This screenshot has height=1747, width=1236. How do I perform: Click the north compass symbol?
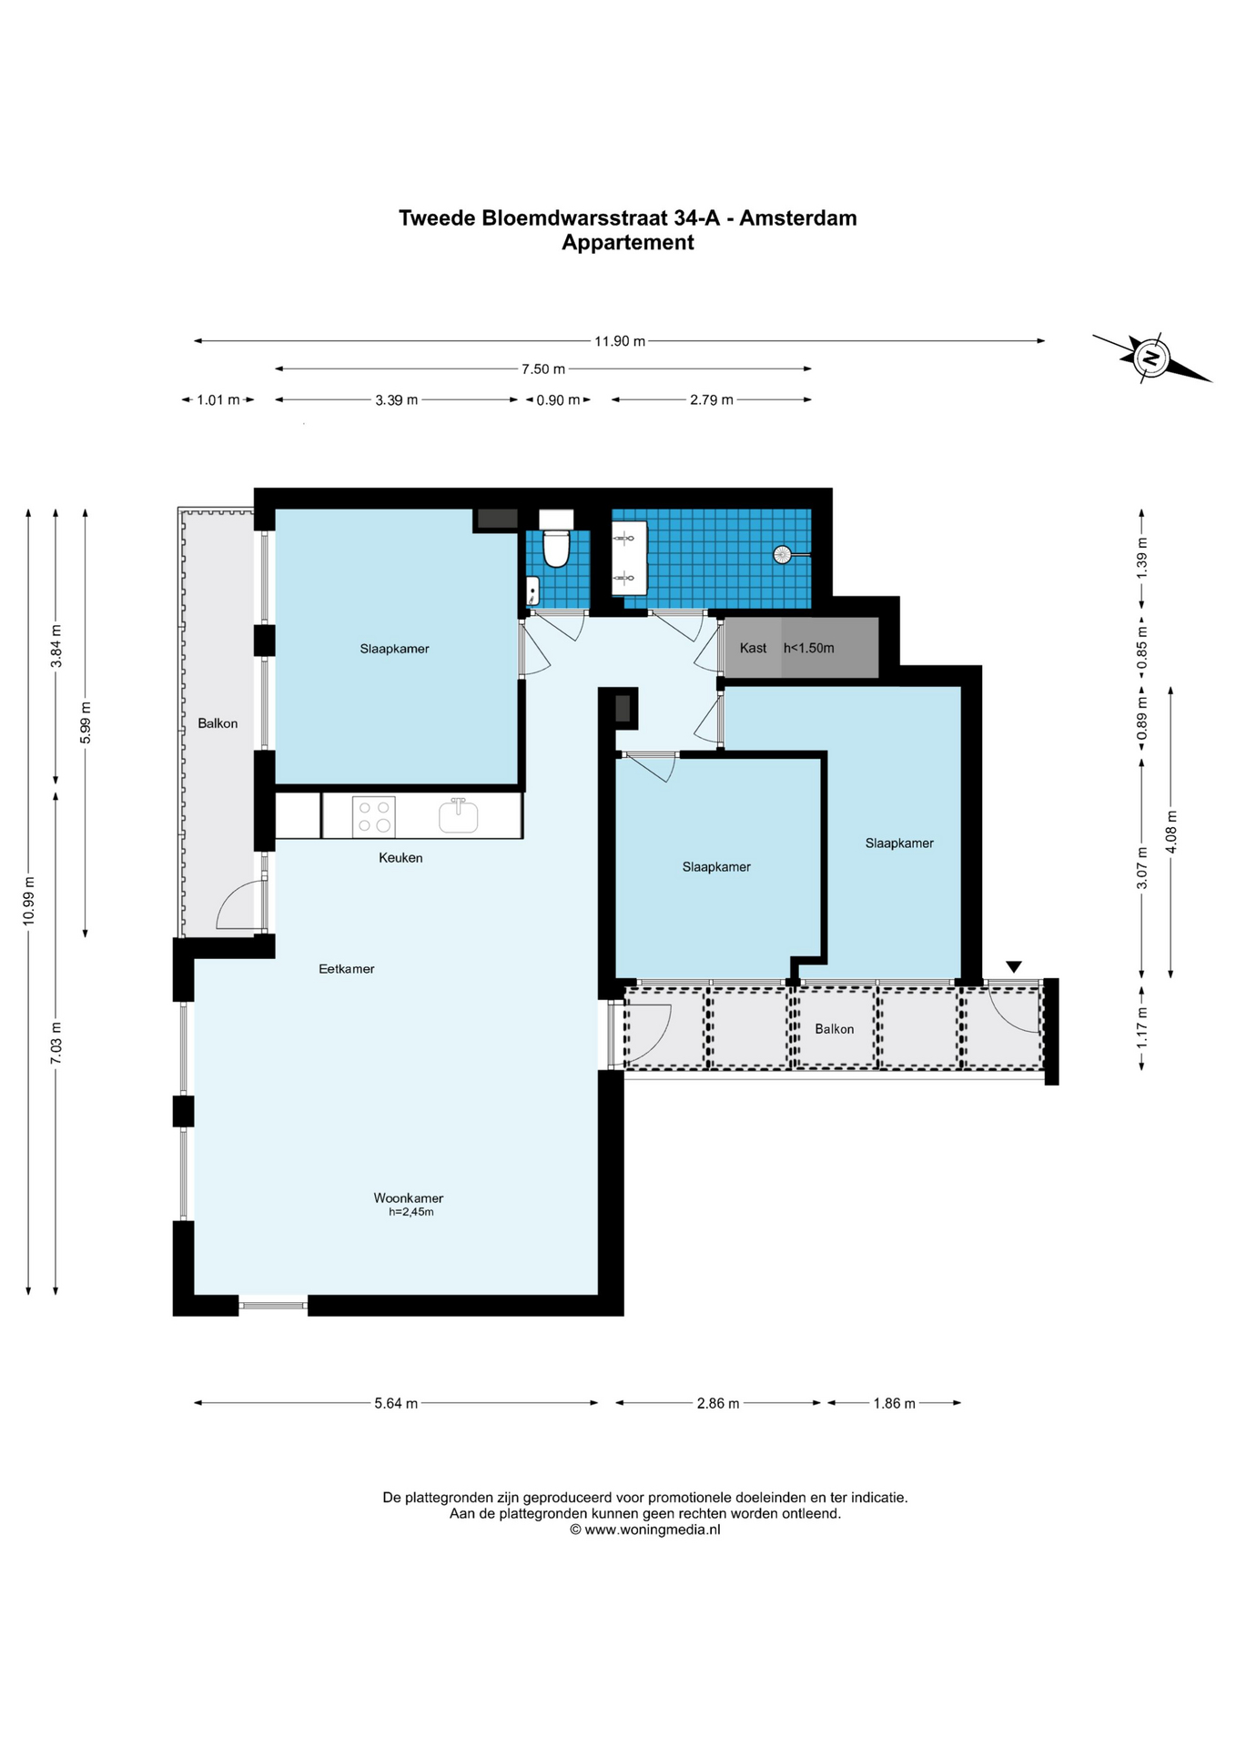[1151, 357]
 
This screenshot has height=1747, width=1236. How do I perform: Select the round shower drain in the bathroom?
[782, 554]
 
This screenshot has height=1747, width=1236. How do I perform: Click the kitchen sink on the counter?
[459, 815]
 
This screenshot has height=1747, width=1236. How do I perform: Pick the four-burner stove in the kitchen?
[374, 816]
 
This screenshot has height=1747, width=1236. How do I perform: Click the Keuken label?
[400, 858]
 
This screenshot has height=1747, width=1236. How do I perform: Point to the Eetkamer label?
[347, 969]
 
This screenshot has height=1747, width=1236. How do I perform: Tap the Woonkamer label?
[409, 1198]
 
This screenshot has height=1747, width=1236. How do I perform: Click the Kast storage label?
[753, 648]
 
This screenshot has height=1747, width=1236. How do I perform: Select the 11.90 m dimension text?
[620, 341]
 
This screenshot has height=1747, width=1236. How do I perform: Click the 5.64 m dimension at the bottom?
[396, 1403]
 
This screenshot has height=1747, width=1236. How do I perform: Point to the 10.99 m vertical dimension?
[29, 901]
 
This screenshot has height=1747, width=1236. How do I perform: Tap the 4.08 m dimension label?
[1171, 832]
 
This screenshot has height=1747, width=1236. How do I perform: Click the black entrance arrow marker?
[1014, 966]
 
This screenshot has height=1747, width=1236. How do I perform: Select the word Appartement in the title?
[628, 243]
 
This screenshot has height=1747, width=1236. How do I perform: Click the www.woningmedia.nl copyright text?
[644, 1530]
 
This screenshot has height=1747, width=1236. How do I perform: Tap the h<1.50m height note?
[809, 648]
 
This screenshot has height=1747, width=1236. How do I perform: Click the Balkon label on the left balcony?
[218, 723]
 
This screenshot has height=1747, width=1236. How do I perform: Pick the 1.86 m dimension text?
[894, 1403]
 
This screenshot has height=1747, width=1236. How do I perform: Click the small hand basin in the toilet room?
[533, 591]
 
